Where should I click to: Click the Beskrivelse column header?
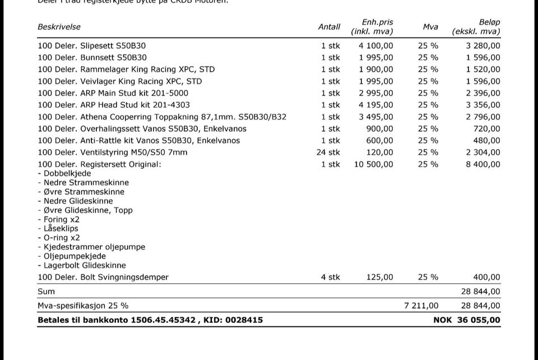(x=59, y=27)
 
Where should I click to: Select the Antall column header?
(x=329, y=27)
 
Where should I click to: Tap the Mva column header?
(x=430, y=27)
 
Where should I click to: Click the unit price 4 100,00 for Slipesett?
(x=376, y=46)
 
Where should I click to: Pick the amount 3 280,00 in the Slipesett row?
(x=483, y=46)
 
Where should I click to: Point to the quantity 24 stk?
(x=328, y=153)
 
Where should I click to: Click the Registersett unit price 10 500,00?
(x=374, y=164)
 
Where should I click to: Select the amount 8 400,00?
(x=483, y=164)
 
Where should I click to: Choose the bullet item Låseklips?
(x=58, y=229)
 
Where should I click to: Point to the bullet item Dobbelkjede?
(x=64, y=173)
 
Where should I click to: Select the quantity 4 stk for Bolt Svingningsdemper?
(x=330, y=277)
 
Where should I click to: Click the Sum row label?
(x=46, y=292)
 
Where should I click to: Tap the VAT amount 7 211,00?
(x=421, y=306)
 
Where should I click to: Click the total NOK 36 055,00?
(x=467, y=320)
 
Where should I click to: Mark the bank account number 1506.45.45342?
(x=163, y=320)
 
